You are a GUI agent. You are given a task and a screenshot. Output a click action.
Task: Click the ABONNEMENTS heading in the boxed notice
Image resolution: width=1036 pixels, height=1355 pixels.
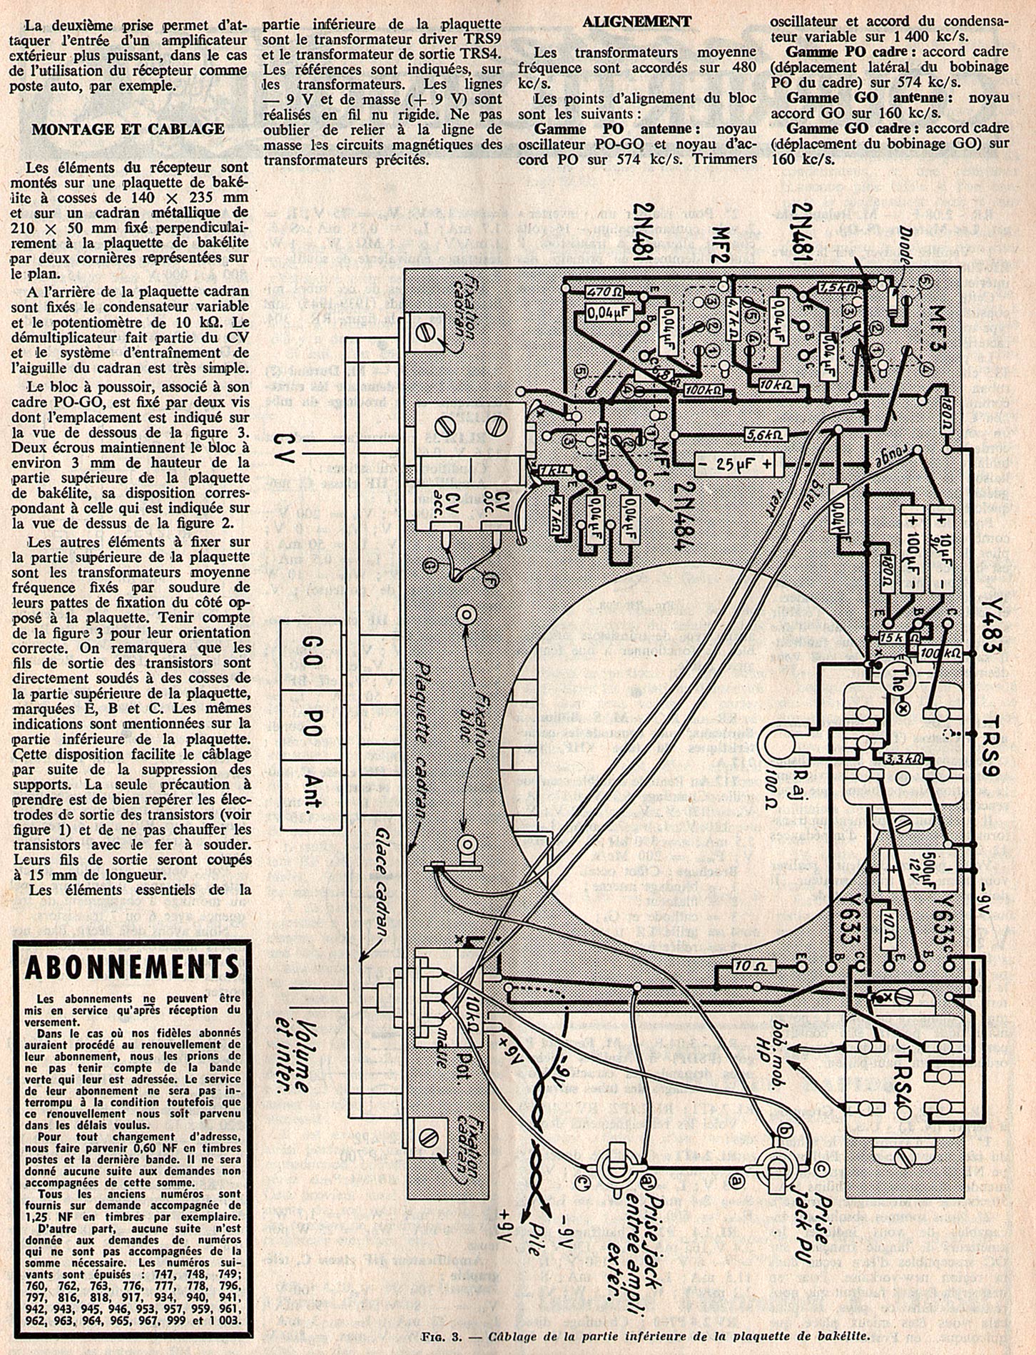tap(132, 966)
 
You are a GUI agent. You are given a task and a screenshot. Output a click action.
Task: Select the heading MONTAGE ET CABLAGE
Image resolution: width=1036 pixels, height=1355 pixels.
tap(128, 129)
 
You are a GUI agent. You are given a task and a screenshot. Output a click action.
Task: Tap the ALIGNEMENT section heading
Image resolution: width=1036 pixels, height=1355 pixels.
tap(636, 21)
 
